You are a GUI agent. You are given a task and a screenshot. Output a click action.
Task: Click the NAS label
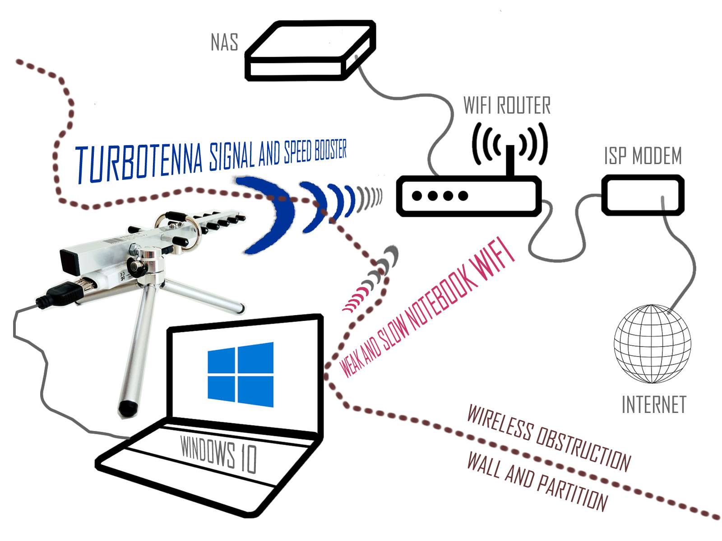[224, 42]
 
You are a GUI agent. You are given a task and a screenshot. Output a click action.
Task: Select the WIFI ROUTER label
[507, 105]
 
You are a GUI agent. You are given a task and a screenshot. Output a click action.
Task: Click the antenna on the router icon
[510, 160]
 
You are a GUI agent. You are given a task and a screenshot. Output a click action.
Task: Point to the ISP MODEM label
[643, 156]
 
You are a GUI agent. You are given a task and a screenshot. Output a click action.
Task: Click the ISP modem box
[643, 195]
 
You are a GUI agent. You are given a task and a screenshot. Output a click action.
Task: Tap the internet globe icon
[652, 344]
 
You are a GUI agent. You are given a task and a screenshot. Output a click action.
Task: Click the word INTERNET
[653, 404]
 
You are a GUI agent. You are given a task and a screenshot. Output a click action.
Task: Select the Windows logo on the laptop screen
[241, 374]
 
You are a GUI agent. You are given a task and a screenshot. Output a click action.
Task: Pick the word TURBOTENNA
[139, 163]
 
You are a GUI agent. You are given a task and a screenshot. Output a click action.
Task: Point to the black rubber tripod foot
[128, 408]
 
